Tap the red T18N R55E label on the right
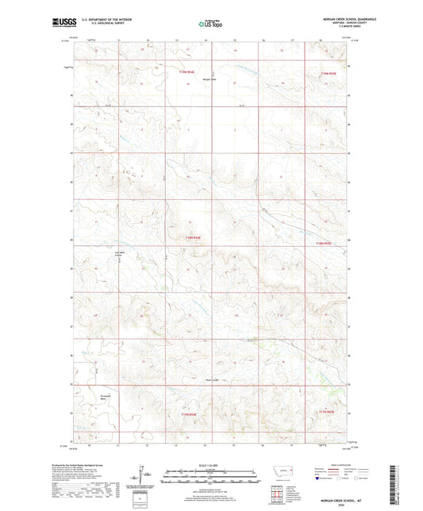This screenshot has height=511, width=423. coord(323,243)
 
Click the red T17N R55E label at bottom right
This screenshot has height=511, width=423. coord(326,412)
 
